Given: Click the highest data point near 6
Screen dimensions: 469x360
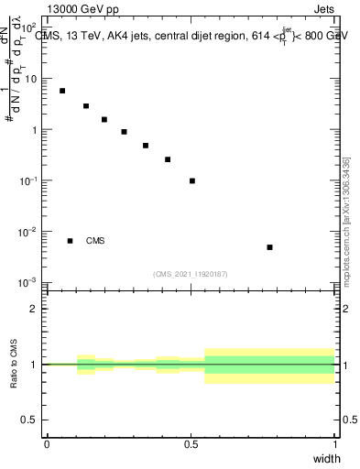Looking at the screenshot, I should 62,91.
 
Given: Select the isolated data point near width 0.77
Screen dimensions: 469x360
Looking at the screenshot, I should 269,247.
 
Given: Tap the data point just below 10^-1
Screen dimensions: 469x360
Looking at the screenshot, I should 192,180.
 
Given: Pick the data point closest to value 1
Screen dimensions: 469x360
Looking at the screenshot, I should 124,132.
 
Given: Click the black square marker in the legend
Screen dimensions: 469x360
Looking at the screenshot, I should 70,241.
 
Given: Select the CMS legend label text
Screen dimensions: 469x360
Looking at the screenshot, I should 95,241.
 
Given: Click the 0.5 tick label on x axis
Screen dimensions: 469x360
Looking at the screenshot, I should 191,443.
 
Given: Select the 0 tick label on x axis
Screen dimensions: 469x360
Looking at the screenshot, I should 47,443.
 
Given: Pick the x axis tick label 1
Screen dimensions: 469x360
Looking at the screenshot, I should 334,443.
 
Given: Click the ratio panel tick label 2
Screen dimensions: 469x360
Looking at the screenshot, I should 35,309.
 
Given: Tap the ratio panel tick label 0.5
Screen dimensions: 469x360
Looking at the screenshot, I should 30,420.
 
